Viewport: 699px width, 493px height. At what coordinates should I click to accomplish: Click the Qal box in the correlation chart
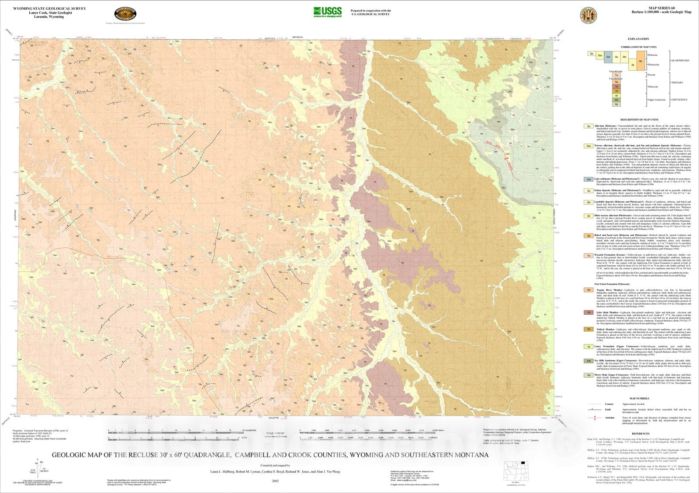(609, 57)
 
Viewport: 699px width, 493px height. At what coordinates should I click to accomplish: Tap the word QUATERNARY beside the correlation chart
(681, 60)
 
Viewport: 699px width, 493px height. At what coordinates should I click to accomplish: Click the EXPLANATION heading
(638, 39)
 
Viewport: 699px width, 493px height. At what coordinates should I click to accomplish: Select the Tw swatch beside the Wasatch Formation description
(589, 256)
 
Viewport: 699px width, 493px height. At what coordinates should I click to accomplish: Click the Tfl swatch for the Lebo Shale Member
(589, 312)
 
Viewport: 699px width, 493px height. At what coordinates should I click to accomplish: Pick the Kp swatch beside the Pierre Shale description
(589, 375)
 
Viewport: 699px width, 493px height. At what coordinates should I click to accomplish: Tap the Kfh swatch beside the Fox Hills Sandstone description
(589, 361)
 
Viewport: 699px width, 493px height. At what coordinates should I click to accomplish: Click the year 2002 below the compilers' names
(275, 480)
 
